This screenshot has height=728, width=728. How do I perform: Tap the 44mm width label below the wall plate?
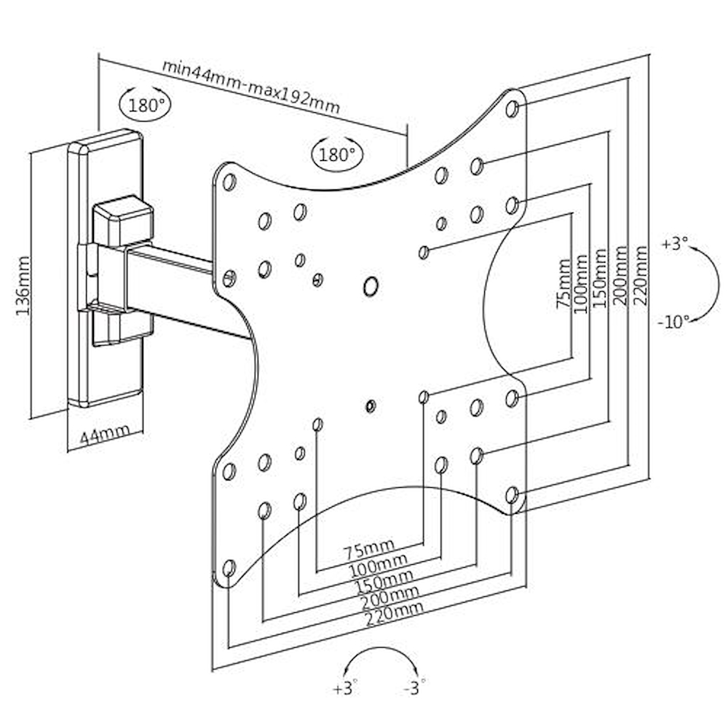pos(105,435)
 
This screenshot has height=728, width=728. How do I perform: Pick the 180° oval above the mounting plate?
pos(337,154)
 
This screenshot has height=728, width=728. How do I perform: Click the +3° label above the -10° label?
pos(674,244)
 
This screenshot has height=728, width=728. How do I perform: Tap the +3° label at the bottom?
pos(347,687)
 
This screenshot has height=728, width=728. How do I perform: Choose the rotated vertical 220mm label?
pos(640,276)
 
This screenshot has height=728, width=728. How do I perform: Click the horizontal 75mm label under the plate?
pos(368,547)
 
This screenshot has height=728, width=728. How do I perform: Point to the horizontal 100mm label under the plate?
pos(375,563)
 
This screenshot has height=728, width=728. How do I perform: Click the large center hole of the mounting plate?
pos(371,286)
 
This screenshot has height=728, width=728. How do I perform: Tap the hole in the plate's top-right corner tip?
pos(512,108)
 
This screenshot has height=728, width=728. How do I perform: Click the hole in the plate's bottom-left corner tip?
pos(229,567)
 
